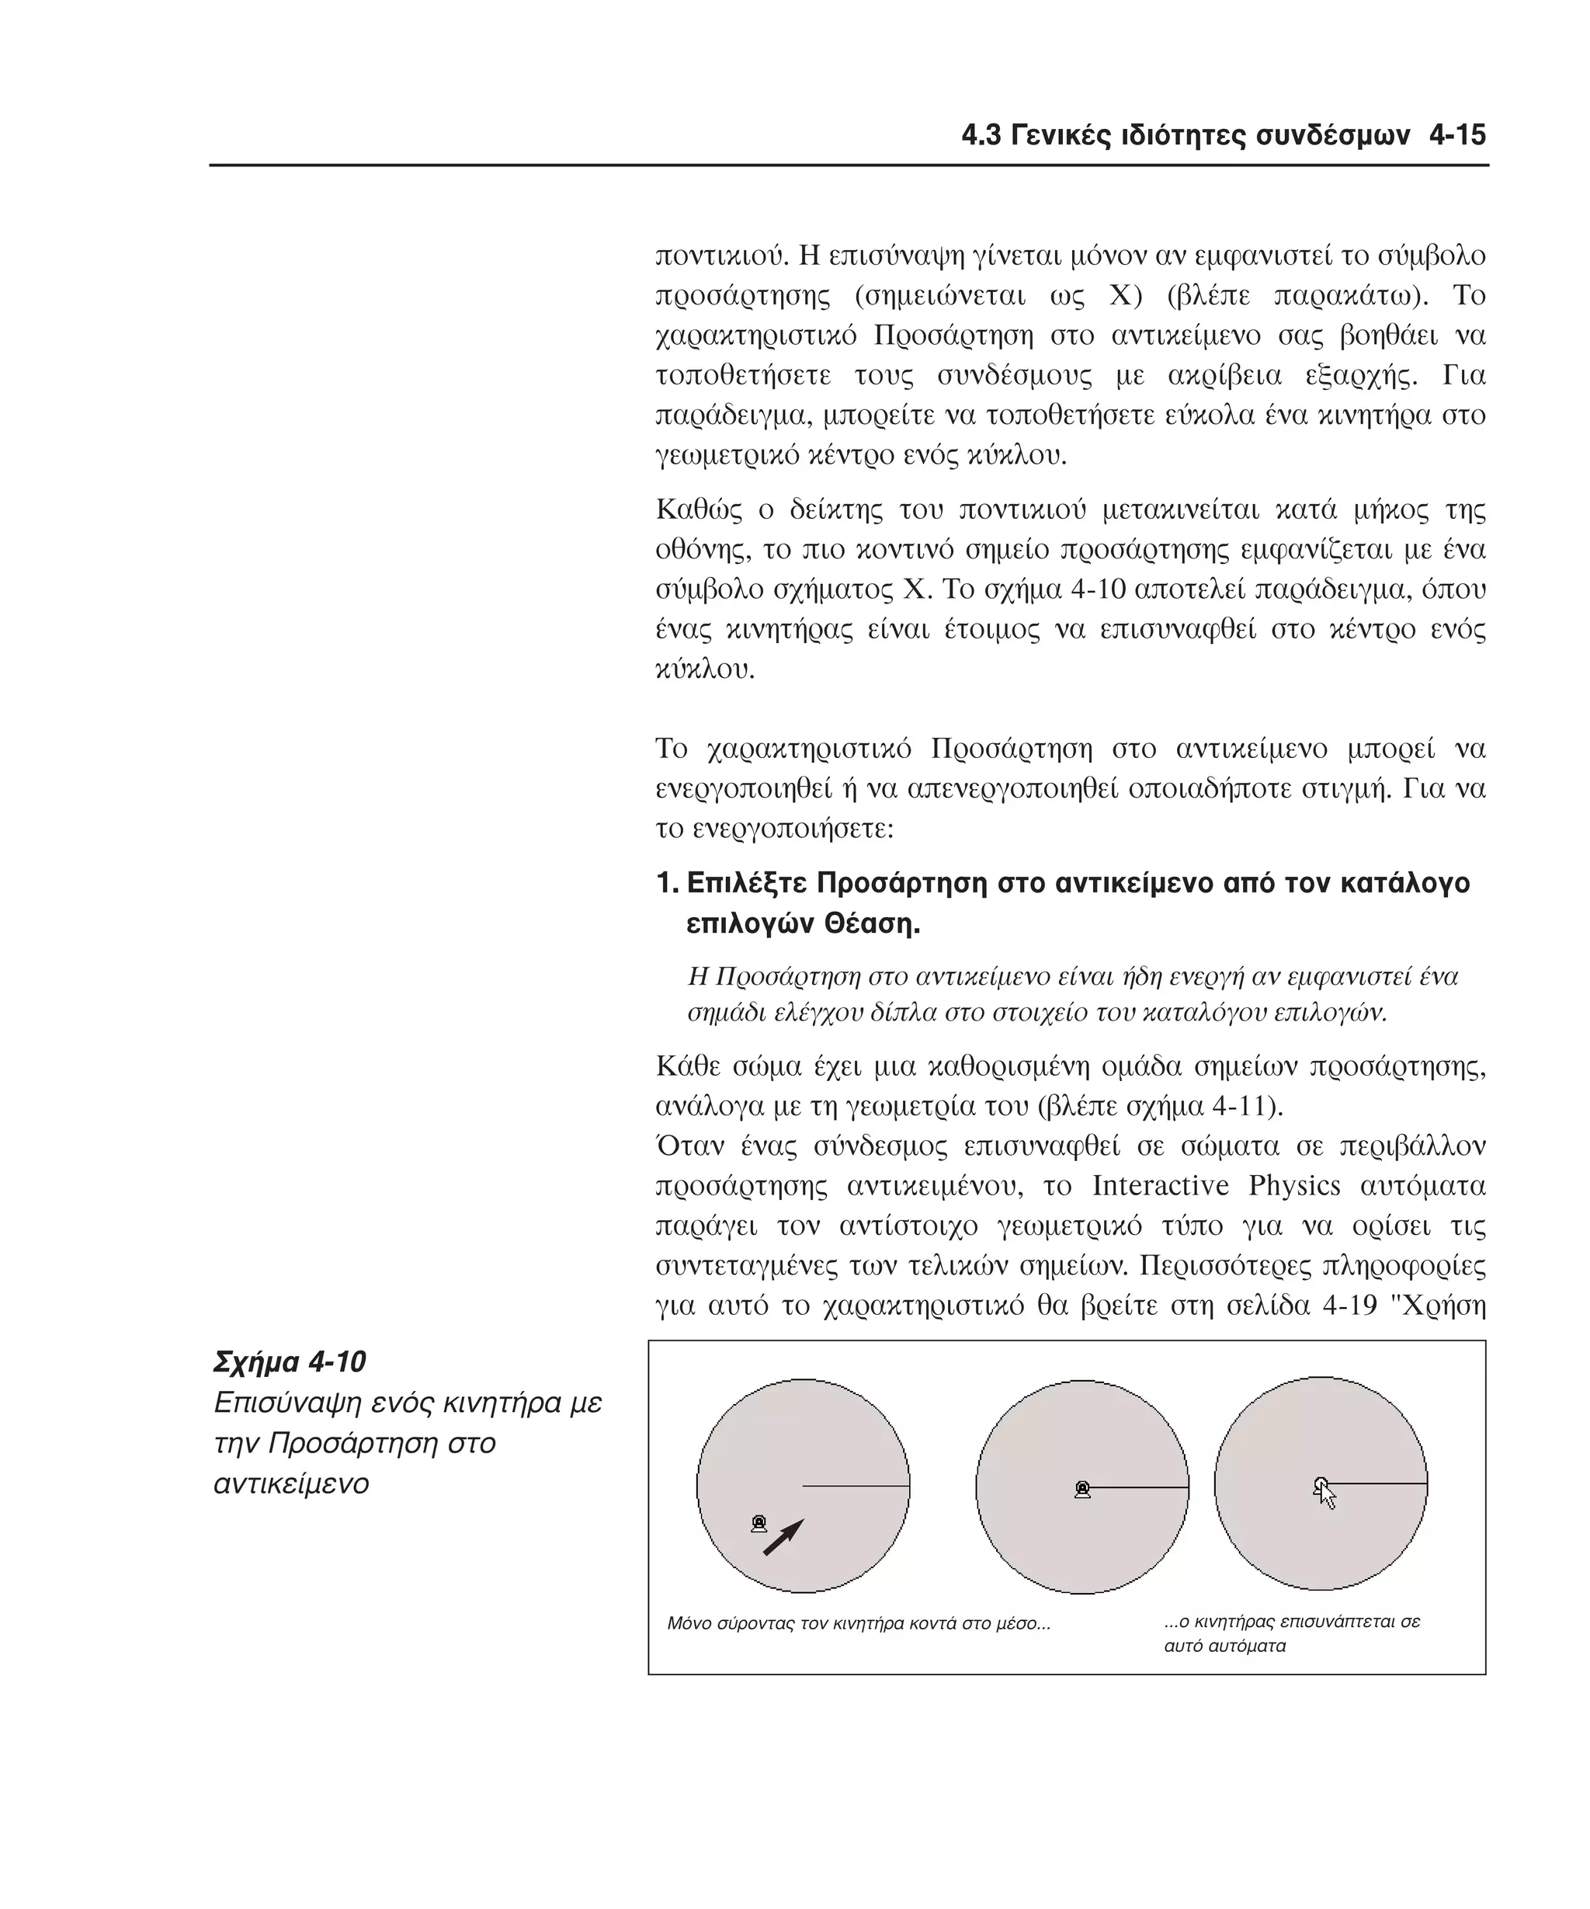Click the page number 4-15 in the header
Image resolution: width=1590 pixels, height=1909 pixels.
(x=1456, y=137)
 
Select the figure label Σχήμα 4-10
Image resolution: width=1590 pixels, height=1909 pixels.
(x=289, y=1361)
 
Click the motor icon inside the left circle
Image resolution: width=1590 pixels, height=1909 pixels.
(x=759, y=1524)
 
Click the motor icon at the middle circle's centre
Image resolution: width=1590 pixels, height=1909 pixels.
(x=1082, y=1489)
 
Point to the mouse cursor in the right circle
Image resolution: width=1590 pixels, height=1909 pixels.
(x=1325, y=1493)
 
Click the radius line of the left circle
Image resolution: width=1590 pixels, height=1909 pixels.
(x=856, y=1487)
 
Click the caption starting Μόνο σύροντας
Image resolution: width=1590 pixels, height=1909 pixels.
(x=858, y=1623)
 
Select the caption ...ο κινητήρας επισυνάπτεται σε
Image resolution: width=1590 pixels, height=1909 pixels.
(x=1291, y=1622)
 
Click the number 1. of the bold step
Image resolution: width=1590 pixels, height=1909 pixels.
(x=667, y=884)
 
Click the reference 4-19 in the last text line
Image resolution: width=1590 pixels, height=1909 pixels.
(x=1351, y=1306)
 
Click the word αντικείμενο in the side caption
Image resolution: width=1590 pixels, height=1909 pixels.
(x=290, y=1484)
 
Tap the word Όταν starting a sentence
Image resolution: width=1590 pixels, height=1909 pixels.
(x=688, y=1146)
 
